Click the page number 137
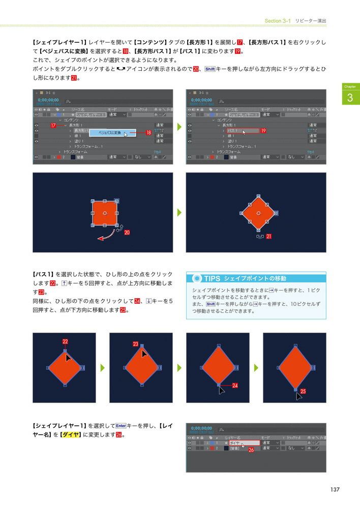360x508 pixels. [334, 489]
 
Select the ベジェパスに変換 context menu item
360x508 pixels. [109, 133]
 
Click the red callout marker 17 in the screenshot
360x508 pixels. [53, 125]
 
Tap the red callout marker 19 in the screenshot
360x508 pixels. [264, 131]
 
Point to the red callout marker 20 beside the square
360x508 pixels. [127, 233]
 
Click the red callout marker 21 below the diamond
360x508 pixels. [268, 237]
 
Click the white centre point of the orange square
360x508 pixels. [104, 213]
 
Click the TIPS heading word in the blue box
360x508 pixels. [212, 278]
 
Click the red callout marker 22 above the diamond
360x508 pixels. [65, 341]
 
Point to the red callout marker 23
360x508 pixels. [136, 344]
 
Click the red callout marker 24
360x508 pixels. [235, 386]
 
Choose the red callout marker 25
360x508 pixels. [303, 391]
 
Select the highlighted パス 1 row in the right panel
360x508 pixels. [242, 131]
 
